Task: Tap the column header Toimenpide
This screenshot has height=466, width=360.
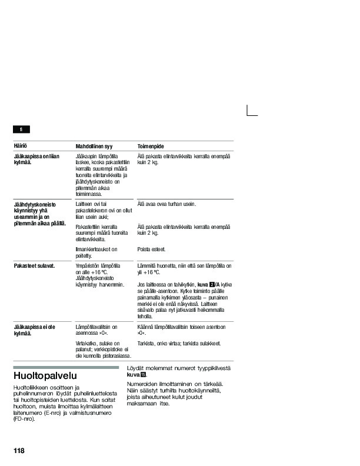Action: pos(151,146)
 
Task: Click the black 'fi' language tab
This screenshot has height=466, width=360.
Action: pos(21,129)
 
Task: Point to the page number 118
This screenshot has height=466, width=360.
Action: pos(19,451)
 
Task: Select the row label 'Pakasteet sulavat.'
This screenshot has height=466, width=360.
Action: pos(34,265)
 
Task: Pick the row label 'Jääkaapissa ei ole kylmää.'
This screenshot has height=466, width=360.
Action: pos(34,330)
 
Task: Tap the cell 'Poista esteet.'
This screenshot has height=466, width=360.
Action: pos(152,249)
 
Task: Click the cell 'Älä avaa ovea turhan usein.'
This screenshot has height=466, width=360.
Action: pos(166,204)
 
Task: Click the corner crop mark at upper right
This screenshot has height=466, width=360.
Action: pos(251,111)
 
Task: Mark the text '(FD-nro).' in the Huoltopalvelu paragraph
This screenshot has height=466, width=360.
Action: pos(24,418)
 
